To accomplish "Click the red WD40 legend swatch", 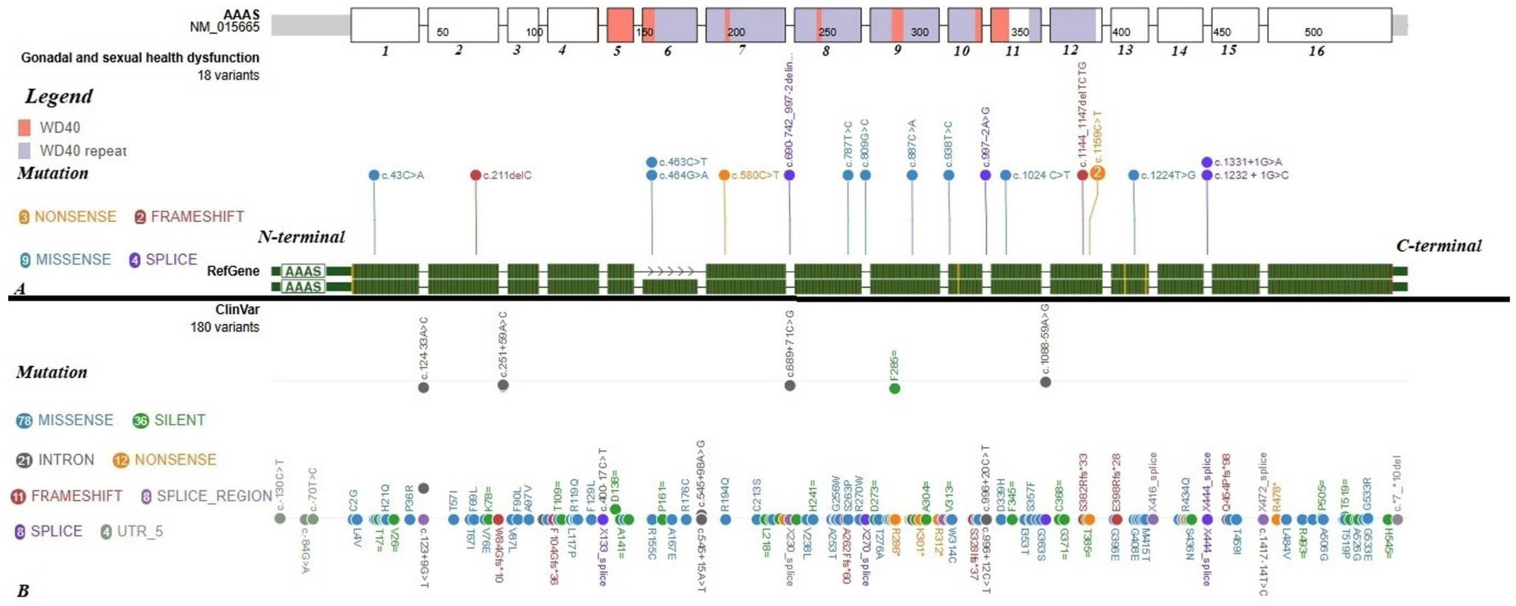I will [x=24, y=128].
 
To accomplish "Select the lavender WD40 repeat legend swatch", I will [x=24, y=150].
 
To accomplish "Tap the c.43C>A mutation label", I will [x=403, y=175].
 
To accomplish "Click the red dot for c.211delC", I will [x=476, y=175].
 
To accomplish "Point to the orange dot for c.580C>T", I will [x=724, y=175].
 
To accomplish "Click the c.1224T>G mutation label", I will [x=1168, y=175].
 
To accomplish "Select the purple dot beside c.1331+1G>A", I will [x=1207, y=162].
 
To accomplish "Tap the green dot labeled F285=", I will [x=894, y=388].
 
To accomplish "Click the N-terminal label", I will [x=301, y=237].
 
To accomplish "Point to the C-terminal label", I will [x=1439, y=246].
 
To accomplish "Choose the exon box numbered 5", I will [x=620, y=25].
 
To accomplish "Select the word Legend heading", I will [x=59, y=97].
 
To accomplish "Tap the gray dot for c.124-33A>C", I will [x=423, y=387].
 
